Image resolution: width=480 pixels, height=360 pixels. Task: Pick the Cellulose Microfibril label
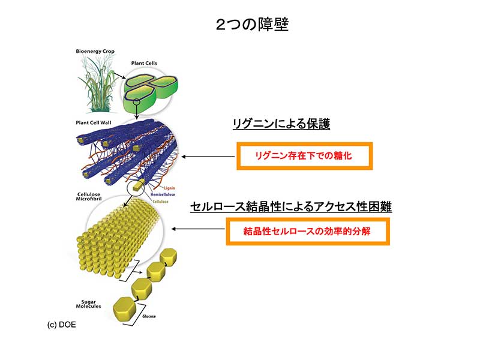[x=92, y=199]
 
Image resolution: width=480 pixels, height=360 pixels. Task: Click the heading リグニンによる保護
[x=281, y=124]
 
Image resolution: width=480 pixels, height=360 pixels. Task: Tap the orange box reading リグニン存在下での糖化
[x=305, y=156]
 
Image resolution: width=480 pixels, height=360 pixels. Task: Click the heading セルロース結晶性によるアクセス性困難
[x=291, y=207]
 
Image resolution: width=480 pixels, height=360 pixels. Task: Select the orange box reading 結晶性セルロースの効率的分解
[x=307, y=232]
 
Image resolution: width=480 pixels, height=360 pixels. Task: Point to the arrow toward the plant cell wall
[x=208, y=157]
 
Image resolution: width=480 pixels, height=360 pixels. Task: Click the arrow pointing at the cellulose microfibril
[x=199, y=229]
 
